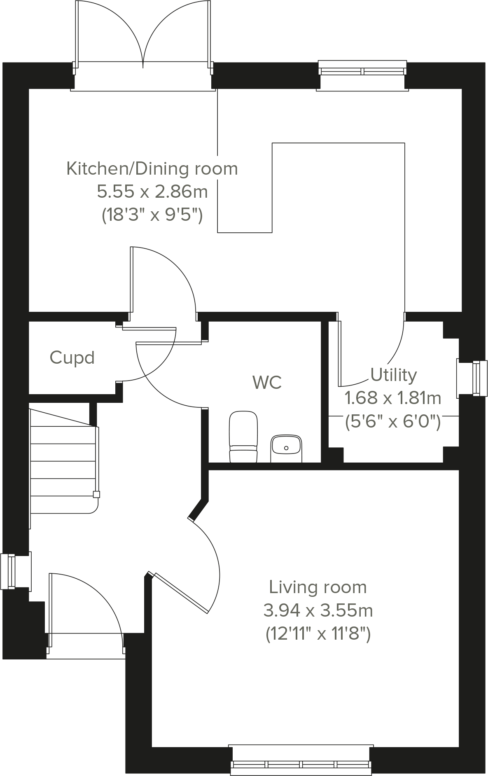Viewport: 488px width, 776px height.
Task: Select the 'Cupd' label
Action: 72,358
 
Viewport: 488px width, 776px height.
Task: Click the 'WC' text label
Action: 267,382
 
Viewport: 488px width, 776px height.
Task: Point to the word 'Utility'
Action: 393,375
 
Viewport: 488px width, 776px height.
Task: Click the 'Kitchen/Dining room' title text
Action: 152,168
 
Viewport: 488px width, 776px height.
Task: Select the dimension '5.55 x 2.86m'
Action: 152,192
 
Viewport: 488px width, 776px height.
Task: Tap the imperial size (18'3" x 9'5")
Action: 152,215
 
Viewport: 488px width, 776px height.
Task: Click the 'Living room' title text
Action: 318,587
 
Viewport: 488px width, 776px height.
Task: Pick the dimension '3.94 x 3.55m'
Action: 318,610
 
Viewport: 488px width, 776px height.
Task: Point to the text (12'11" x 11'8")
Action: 318,633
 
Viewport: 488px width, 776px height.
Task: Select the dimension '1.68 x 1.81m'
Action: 392,398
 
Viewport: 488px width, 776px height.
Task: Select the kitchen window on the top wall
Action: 362,70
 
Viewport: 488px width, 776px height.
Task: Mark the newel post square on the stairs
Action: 96,495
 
